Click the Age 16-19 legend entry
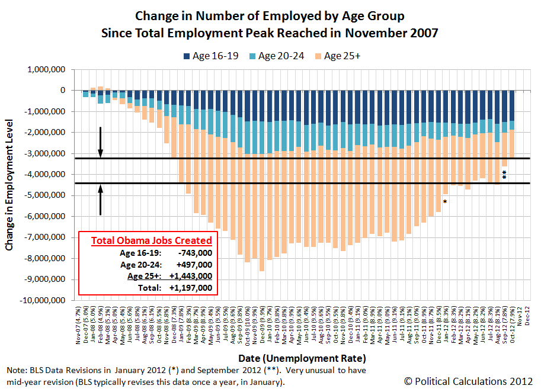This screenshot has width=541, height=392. tap(213, 56)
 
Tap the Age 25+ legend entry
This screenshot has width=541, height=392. tap(342, 56)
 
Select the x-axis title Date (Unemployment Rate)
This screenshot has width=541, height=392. tap(302, 358)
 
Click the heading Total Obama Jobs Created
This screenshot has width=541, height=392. tap(151, 240)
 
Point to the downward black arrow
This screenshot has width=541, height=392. tap(101, 142)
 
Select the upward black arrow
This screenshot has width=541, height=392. tap(101, 200)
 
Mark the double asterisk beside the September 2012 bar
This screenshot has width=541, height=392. tap(504, 175)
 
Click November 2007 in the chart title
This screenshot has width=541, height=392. tap(392, 33)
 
